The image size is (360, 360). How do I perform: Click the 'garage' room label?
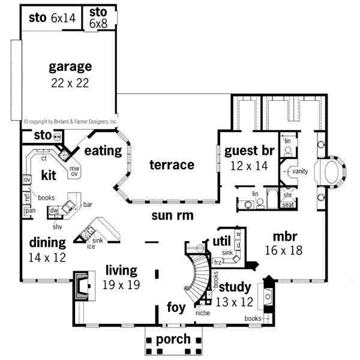pos(70,66)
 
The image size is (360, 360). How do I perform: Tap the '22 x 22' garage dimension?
pos(70,83)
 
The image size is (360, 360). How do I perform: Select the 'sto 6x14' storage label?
pos(52,18)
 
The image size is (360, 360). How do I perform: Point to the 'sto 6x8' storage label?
pos(98,18)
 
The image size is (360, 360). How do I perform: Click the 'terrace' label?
pos(172,164)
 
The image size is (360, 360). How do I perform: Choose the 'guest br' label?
pos(246,151)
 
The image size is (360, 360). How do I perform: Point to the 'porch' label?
pos(173,339)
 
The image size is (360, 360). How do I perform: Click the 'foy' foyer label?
pos(177,309)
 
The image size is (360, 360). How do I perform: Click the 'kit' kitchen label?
pos(48,175)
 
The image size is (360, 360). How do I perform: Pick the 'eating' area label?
pos(103,151)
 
